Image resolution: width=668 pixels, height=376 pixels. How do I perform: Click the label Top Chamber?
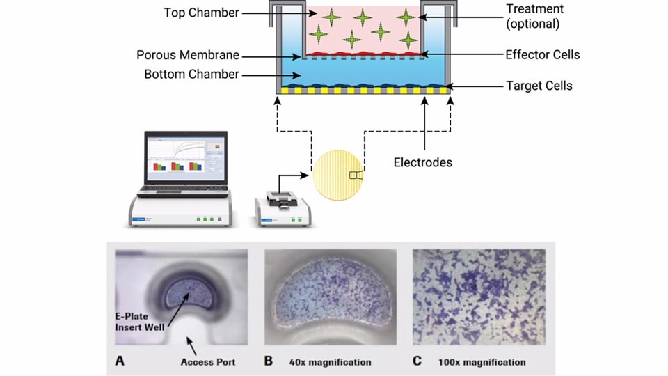point(201,13)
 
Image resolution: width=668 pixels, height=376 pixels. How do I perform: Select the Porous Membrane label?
point(188,55)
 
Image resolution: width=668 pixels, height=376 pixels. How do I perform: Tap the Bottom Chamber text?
point(192,75)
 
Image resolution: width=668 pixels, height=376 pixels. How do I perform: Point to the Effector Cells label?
point(542,54)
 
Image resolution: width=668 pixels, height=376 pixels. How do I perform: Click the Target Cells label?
point(539,86)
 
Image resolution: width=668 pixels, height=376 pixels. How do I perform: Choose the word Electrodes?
point(422,162)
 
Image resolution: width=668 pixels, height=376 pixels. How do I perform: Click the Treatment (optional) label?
point(534,16)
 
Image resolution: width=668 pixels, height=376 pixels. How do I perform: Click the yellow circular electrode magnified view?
point(338,175)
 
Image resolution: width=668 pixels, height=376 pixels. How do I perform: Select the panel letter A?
point(120,361)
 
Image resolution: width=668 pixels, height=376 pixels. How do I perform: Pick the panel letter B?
point(269,361)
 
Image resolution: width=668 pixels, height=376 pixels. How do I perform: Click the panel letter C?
point(417,361)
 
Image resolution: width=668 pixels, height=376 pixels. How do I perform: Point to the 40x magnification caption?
point(330,362)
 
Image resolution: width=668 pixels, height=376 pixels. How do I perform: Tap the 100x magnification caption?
point(482,362)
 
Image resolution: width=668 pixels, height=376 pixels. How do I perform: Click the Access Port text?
point(208,362)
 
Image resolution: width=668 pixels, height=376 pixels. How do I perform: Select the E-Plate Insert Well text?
point(140,322)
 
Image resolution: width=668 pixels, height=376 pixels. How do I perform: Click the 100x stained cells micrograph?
point(479,297)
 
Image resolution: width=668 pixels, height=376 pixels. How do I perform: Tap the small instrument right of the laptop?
point(283,209)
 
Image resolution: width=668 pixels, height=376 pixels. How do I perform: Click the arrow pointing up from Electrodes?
point(424,124)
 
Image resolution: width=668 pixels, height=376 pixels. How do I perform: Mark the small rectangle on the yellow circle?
point(356,175)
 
